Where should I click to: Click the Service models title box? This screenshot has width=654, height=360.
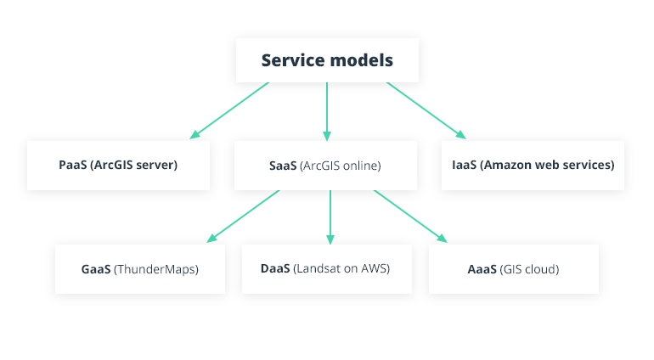327,60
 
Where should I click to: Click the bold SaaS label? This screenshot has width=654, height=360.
283,166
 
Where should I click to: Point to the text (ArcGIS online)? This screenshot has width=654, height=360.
341,166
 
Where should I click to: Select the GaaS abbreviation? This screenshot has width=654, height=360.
96,269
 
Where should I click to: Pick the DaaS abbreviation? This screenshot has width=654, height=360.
275,268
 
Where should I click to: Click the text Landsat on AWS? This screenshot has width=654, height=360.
341,268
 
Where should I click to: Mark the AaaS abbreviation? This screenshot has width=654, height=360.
482,269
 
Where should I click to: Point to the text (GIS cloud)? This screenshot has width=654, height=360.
530,269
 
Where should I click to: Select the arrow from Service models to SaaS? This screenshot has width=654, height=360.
327,110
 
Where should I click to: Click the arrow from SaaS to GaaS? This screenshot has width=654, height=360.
243,216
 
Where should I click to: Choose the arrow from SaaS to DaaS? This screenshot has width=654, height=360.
330,217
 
